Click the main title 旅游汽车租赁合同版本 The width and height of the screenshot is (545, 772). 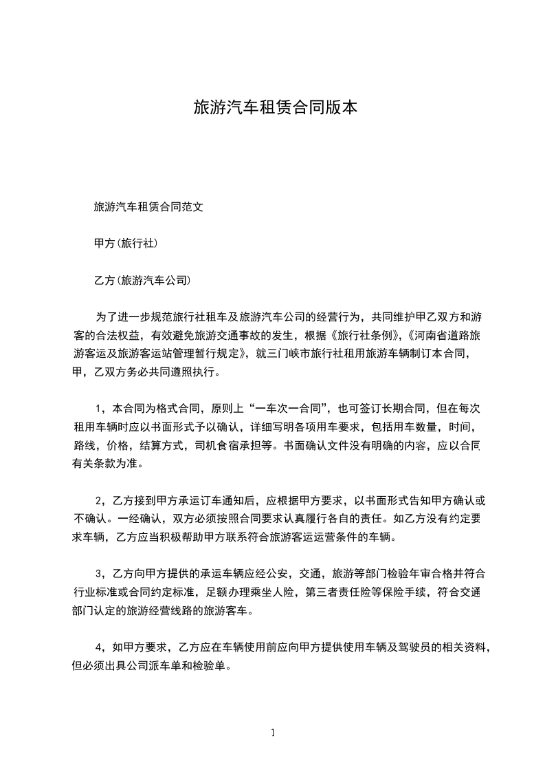(275, 108)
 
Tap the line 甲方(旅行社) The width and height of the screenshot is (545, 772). (127, 243)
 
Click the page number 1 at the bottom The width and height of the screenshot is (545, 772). (273, 733)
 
